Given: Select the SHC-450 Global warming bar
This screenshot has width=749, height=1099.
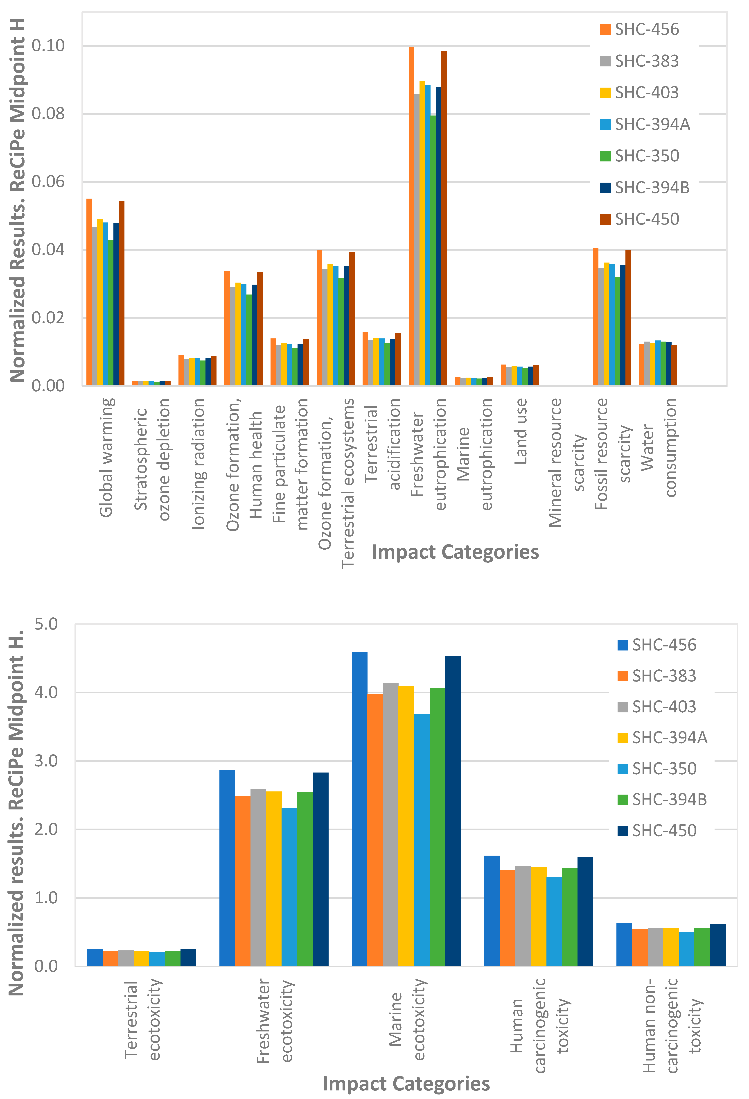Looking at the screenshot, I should (x=122, y=293).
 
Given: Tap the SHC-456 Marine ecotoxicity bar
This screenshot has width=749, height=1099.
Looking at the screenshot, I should (x=360, y=809).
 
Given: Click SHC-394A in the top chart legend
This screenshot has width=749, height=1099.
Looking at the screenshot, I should (x=652, y=124).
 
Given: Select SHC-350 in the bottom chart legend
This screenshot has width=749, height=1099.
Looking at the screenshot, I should (x=664, y=768).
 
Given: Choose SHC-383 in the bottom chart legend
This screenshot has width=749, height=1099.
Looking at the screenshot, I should (x=664, y=676).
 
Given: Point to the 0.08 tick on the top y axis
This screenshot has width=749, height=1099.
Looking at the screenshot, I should (x=48, y=113).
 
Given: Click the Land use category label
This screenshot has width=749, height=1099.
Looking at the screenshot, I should (x=520, y=431).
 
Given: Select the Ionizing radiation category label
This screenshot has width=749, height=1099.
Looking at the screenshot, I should (x=199, y=463).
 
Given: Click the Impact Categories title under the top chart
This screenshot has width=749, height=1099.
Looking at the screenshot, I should (x=455, y=552).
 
